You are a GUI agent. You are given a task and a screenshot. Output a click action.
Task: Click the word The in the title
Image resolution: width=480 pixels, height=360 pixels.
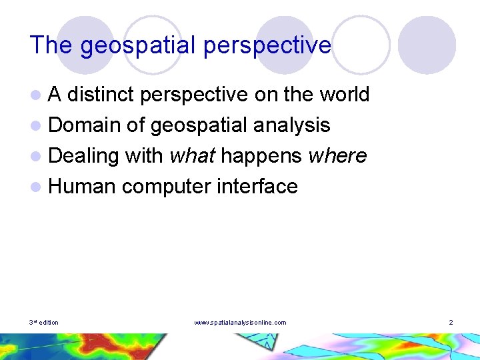[51, 45]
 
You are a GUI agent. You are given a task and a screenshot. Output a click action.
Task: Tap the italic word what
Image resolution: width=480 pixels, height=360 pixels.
[192, 155]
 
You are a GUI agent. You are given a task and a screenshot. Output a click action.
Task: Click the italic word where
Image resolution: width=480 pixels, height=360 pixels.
[337, 155]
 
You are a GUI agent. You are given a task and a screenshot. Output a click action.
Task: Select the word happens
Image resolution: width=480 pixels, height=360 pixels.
[261, 155]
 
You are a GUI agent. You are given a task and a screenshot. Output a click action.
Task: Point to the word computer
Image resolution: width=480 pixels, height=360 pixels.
[167, 186]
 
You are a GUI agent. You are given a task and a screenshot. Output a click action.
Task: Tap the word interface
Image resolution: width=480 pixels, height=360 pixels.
[257, 186]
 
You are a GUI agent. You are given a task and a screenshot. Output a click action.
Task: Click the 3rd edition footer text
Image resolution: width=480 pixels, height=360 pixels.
[44, 323]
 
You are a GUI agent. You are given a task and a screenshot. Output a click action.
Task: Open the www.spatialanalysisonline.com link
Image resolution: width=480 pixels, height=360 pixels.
[240, 323]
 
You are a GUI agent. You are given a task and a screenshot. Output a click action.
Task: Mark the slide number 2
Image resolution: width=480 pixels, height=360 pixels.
[451, 323]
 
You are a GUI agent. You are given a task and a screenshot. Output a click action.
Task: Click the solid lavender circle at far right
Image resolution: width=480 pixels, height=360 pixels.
[427, 45]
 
